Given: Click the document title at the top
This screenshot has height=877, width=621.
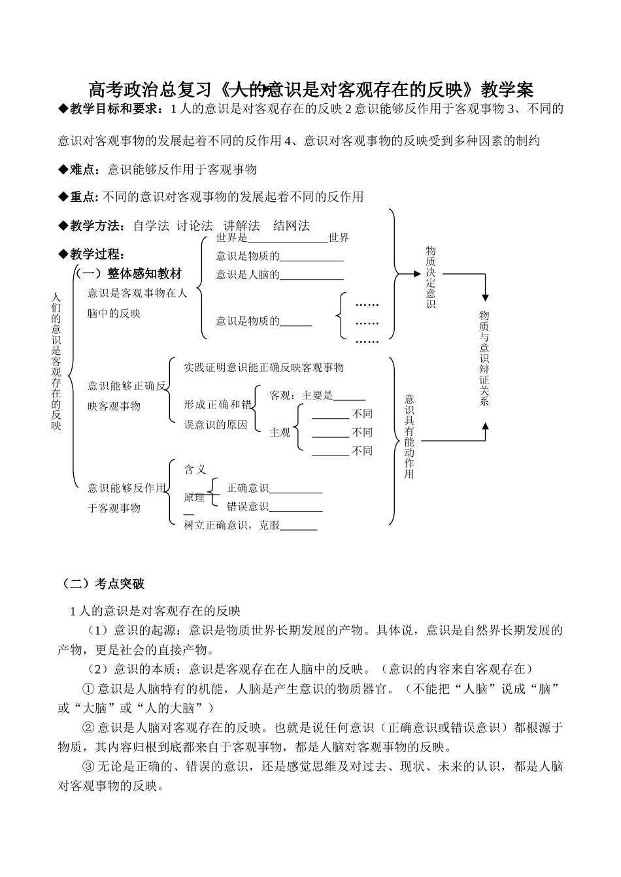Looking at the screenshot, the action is [310, 89].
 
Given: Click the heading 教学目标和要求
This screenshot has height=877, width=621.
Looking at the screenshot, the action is [114, 109].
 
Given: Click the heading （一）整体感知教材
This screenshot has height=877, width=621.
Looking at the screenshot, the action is [129, 274].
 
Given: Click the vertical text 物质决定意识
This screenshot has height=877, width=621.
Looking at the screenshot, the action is [431, 278].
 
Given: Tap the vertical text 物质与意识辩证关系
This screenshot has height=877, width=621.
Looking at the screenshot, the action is [484, 359].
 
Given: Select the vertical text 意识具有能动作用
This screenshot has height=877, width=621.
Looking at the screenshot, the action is [409, 436].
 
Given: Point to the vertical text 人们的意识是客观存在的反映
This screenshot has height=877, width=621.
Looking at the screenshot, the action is [56, 361].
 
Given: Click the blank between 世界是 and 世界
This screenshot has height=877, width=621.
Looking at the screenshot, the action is [288, 239].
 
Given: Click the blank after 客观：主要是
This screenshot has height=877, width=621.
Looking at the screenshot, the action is [349, 397].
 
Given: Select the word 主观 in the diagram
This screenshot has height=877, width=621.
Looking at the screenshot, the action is [280, 433].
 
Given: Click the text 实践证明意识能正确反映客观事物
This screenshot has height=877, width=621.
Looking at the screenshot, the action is [264, 367].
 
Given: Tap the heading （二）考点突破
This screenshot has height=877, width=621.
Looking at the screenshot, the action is [101, 584].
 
